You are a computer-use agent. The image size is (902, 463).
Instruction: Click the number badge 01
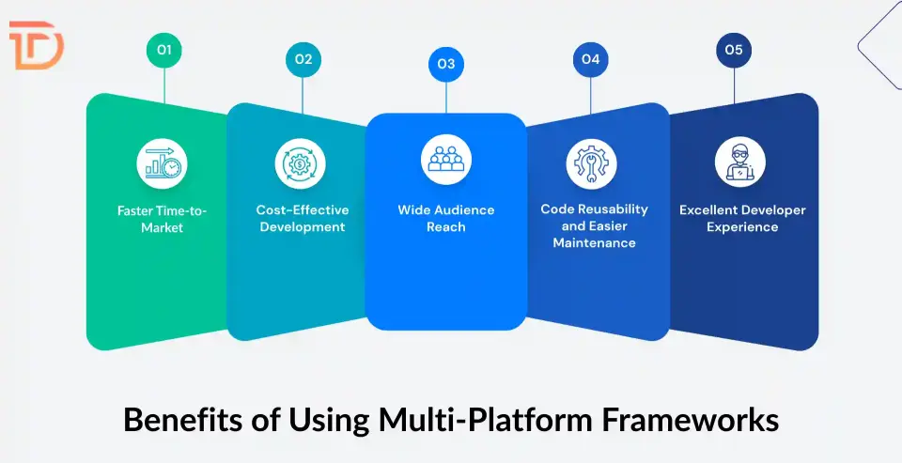pyautogui.click(x=163, y=51)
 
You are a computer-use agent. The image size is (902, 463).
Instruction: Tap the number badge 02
pyautogui.click(x=303, y=59)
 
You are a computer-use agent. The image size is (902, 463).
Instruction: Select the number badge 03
pyautogui.click(x=445, y=64)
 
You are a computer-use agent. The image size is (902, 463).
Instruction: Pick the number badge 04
pyautogui.click(x=590, y=59)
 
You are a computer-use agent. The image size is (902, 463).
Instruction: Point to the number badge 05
pyautogui.click(x=734, y=51)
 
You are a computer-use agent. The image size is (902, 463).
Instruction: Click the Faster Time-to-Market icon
pyautogui.click(x=162, y=162)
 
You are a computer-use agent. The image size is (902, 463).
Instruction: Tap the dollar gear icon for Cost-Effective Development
pyautogui.click(x=301, y=162)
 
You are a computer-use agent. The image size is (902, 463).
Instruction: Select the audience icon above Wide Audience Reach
pyautogui.click(x=445, y=160)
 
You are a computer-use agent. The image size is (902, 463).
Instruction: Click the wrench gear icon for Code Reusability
pyautogui.click(x=591, y=162)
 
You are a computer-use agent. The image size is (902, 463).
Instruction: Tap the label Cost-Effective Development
pyautogui.click(x=302, y=219)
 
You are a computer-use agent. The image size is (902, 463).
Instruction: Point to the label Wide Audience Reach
pyautogui.click(x=445, y=219)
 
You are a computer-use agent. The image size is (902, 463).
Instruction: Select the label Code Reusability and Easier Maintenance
pyautogui.click(x=594, y=226)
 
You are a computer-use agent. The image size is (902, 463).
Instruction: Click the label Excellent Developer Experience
pyautogui.click(x=742, y=219)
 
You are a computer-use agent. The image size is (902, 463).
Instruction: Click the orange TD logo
pyautogui.click(x=35, y=46)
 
